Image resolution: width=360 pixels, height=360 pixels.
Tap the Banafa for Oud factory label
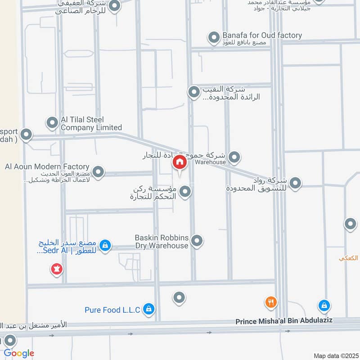(x=262, y=35)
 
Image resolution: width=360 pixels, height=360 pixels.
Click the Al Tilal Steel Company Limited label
(x=85, y=123)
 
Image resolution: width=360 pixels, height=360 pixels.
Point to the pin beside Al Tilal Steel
(x=52, y=122)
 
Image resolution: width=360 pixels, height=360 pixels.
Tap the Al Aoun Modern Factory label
(x=47, y=166)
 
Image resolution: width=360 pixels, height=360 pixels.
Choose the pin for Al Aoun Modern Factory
(x=98, y=171)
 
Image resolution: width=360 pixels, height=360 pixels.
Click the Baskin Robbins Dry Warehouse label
(x=162, y=241)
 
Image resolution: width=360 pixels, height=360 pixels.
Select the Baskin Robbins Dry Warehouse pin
(x=197, y=241)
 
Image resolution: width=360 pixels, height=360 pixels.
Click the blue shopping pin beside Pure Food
(x=149, y=309)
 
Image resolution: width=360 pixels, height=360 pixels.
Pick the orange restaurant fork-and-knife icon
(x=270, y=303)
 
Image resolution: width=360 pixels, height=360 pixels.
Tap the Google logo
(x=19, y=353)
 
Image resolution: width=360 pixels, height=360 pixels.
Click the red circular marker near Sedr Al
(x=57, y=270)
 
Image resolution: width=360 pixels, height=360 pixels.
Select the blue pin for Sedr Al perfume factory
(x=105, y=246)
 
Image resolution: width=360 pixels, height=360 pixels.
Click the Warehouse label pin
(x=234, y=157)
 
